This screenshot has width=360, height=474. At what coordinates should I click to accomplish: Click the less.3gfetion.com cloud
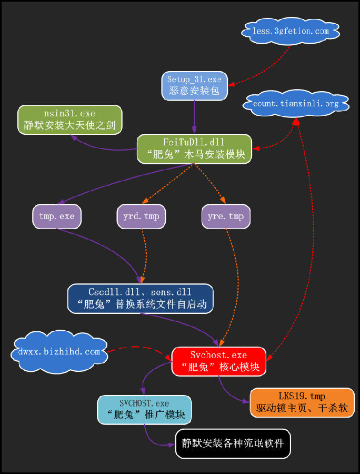(291, 32)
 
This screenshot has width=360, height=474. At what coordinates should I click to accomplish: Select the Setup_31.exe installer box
(195, 85)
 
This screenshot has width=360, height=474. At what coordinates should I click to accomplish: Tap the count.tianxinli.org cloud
(296, 104)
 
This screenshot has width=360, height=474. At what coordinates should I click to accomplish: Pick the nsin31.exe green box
(70, 120)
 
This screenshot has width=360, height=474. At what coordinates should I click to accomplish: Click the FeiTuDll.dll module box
(195, 149)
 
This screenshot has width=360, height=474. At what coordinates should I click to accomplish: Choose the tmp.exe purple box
(57, 216)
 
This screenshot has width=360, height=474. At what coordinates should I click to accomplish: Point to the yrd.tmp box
(142, 216)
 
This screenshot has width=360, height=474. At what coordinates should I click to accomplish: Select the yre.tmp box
(226, 216)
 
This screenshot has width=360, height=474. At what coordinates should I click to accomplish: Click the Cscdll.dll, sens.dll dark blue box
(141, 299)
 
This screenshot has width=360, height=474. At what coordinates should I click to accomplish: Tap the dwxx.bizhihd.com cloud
(59, 352)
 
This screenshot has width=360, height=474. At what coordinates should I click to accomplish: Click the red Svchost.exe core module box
(220, 361)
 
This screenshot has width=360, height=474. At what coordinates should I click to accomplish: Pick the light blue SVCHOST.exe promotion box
(144, 410)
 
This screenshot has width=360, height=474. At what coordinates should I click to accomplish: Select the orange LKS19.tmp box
(302, 402)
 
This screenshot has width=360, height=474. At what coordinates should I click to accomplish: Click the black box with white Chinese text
(233, 443)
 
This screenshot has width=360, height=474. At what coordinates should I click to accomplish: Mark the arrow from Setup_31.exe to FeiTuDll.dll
(195, 117)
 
